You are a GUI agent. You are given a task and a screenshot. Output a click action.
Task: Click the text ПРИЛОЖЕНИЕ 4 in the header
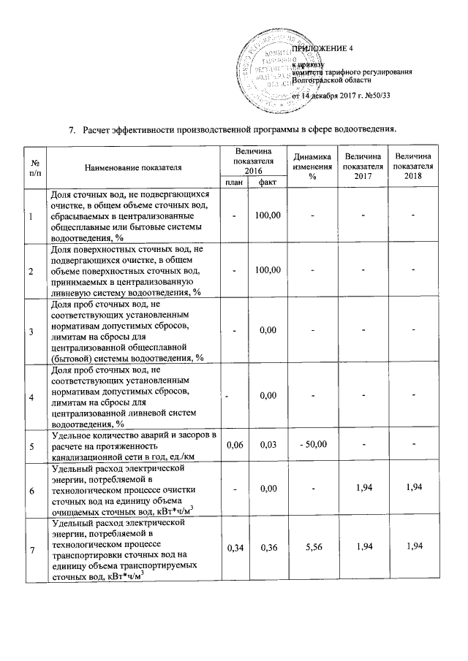tap(322, 48)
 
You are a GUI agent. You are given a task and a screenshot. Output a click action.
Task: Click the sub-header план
tap(234, 182)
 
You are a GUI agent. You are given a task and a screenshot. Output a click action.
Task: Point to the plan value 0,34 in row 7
tap(234, 548)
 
